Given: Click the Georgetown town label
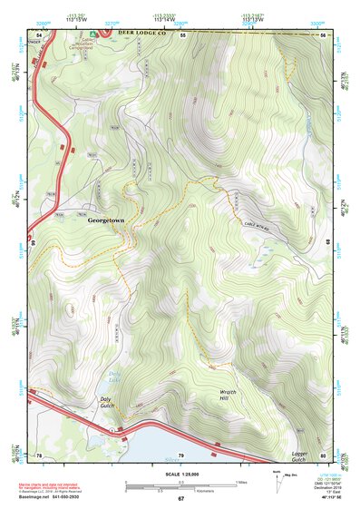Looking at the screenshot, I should pos(107,220).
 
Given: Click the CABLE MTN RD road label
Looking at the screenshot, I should pos(259,223).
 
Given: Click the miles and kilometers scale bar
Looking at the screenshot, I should pos(190,485).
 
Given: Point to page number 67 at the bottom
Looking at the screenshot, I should pos(180,499).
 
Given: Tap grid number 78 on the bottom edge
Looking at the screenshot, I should pos(39,454).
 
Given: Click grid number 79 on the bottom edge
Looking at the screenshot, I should pos(180,454).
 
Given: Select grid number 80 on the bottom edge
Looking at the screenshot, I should pos(323,454).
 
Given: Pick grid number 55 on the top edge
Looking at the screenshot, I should pos(182,34).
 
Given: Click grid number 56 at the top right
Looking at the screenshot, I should pos(323,34).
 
